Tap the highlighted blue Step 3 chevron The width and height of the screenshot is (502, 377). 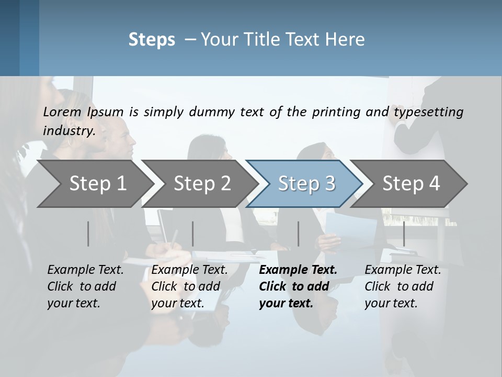click(x=306, y=184)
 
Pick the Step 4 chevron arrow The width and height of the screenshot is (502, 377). click(x=411, y=184)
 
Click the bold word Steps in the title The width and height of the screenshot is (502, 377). click(x=152, y=40)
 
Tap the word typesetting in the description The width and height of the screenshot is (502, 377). click(x=428, y=112)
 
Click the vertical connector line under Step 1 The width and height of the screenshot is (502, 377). click(x=88, y=234)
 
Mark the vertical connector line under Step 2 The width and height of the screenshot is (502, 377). click(x=193, y=234)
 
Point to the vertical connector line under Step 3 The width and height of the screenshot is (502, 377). click(x=299, y=234)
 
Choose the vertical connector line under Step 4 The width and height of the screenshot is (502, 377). click(x=404, y=234)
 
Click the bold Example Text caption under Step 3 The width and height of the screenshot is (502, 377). click(x=298, y=270)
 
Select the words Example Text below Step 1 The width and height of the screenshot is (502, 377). click(x=85, y=270)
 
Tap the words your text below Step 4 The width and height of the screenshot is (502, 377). click(x=391, y=303)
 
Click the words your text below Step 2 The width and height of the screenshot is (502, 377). click(x=177, y=303)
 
